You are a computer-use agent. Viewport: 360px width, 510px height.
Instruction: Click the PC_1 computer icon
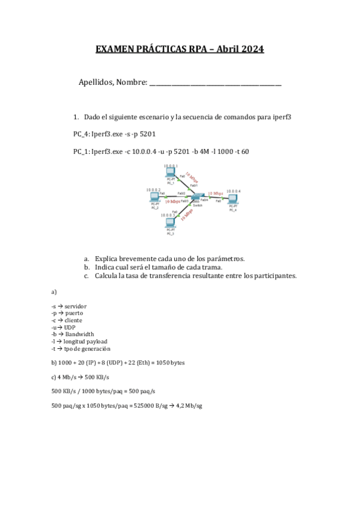(x=170, y=173)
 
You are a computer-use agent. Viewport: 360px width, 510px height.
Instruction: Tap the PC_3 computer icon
(x=170, y=223)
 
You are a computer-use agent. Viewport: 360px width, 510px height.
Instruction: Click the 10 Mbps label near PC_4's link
(x=215, y=194)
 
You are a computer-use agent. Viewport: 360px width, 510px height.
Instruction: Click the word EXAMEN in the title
(x=115, y=49)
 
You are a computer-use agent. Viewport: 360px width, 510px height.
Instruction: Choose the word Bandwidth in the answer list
(x=80, y=334)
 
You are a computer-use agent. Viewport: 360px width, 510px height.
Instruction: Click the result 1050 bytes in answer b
(x=171, y=363)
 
